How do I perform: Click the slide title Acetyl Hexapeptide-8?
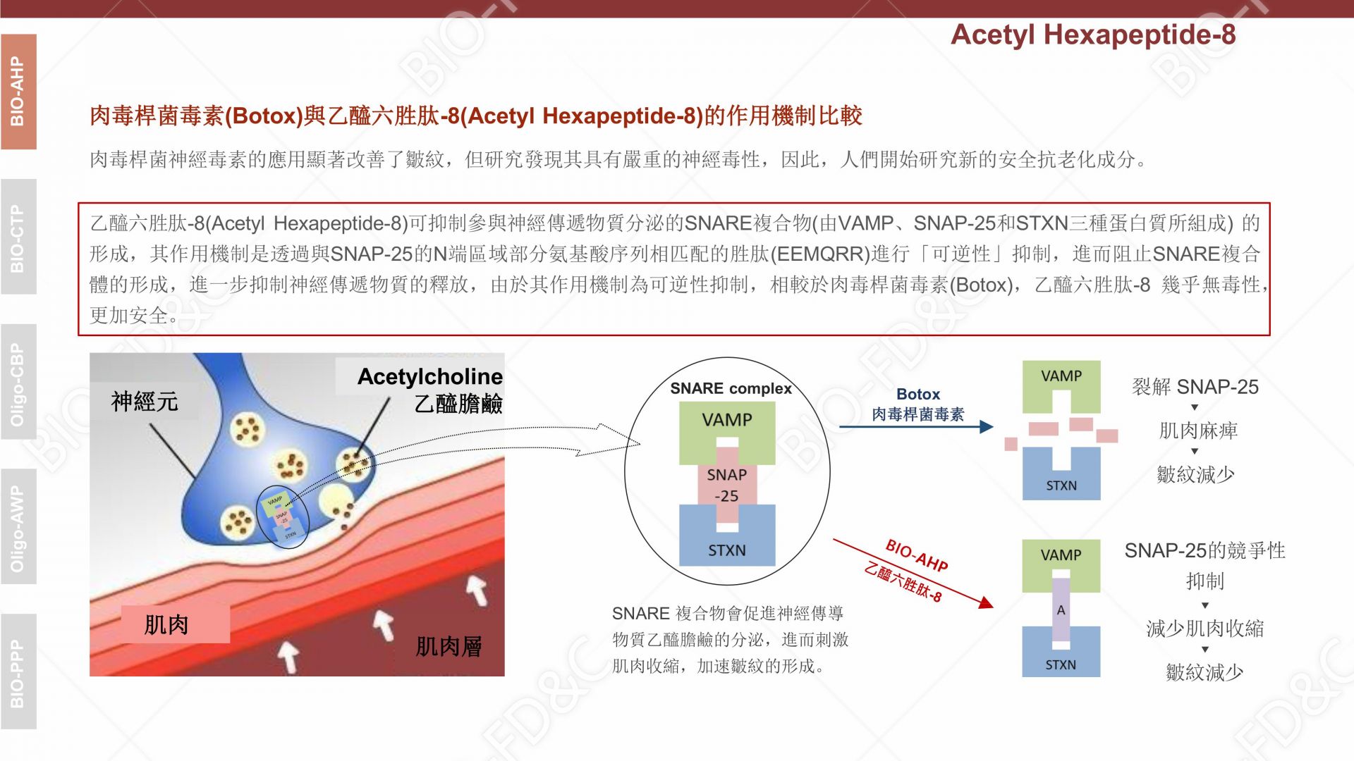click(1093, 35)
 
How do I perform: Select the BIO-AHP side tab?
click(18, 92)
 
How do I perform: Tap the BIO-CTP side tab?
click(18, 237)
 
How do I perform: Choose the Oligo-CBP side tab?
click(18, 382)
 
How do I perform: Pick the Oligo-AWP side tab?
click(18, 527)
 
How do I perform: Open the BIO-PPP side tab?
click(18, 672)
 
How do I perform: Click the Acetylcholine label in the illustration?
click(430, 376)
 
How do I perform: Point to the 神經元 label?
click(145, 402)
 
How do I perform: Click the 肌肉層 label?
click(449, 646)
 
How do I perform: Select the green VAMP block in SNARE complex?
click(727, 433)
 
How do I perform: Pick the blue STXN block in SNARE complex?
click(727, 536)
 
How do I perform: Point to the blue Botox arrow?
click(916, 426)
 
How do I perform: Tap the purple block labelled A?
click(1061, 610)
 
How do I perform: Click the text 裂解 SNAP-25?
click(1195, 387)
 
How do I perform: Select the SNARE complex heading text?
click(731, 388)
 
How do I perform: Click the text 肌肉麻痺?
click(1198, 431)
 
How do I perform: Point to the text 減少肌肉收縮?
click(1205, 628)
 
